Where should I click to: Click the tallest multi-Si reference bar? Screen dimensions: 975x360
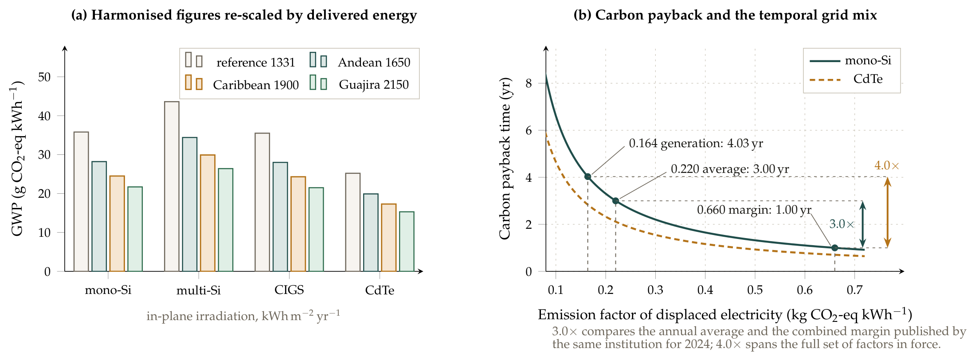[172, 186]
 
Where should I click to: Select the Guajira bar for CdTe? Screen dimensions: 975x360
[407, 241]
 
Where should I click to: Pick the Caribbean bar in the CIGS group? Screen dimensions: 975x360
[298, 224]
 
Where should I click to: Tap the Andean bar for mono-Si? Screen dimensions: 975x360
[99, 216]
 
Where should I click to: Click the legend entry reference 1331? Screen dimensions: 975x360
[240, 62]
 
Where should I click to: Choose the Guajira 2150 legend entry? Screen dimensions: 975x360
[359, 84]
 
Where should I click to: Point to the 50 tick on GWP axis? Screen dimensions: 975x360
[44, 77]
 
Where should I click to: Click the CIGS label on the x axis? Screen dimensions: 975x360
[289, 290]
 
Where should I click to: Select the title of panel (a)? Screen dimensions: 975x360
[244, 15]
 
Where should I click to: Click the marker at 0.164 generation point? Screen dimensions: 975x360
[587, 176]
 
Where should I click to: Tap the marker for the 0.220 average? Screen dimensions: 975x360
[615, 201]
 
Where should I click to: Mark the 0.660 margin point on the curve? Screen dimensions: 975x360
[834, 248]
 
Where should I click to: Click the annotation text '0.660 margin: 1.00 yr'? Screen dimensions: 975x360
[754, 210]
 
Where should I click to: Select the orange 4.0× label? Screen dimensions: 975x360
[887, 166]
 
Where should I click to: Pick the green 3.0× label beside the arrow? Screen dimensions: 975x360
[842, 224]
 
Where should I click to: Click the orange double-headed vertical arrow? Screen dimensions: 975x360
[887, 212]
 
